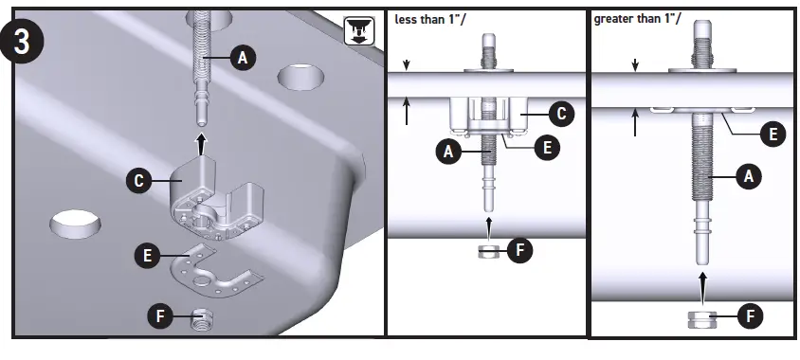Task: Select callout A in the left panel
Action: click(242, 59)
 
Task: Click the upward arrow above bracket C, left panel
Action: click(200, 142)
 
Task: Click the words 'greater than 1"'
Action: click(632, 19)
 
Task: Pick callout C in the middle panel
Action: click(560, 115)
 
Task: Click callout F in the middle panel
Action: click(520, 251)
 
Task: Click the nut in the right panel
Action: click(701, 316)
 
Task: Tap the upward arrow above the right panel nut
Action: click(701, 284)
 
